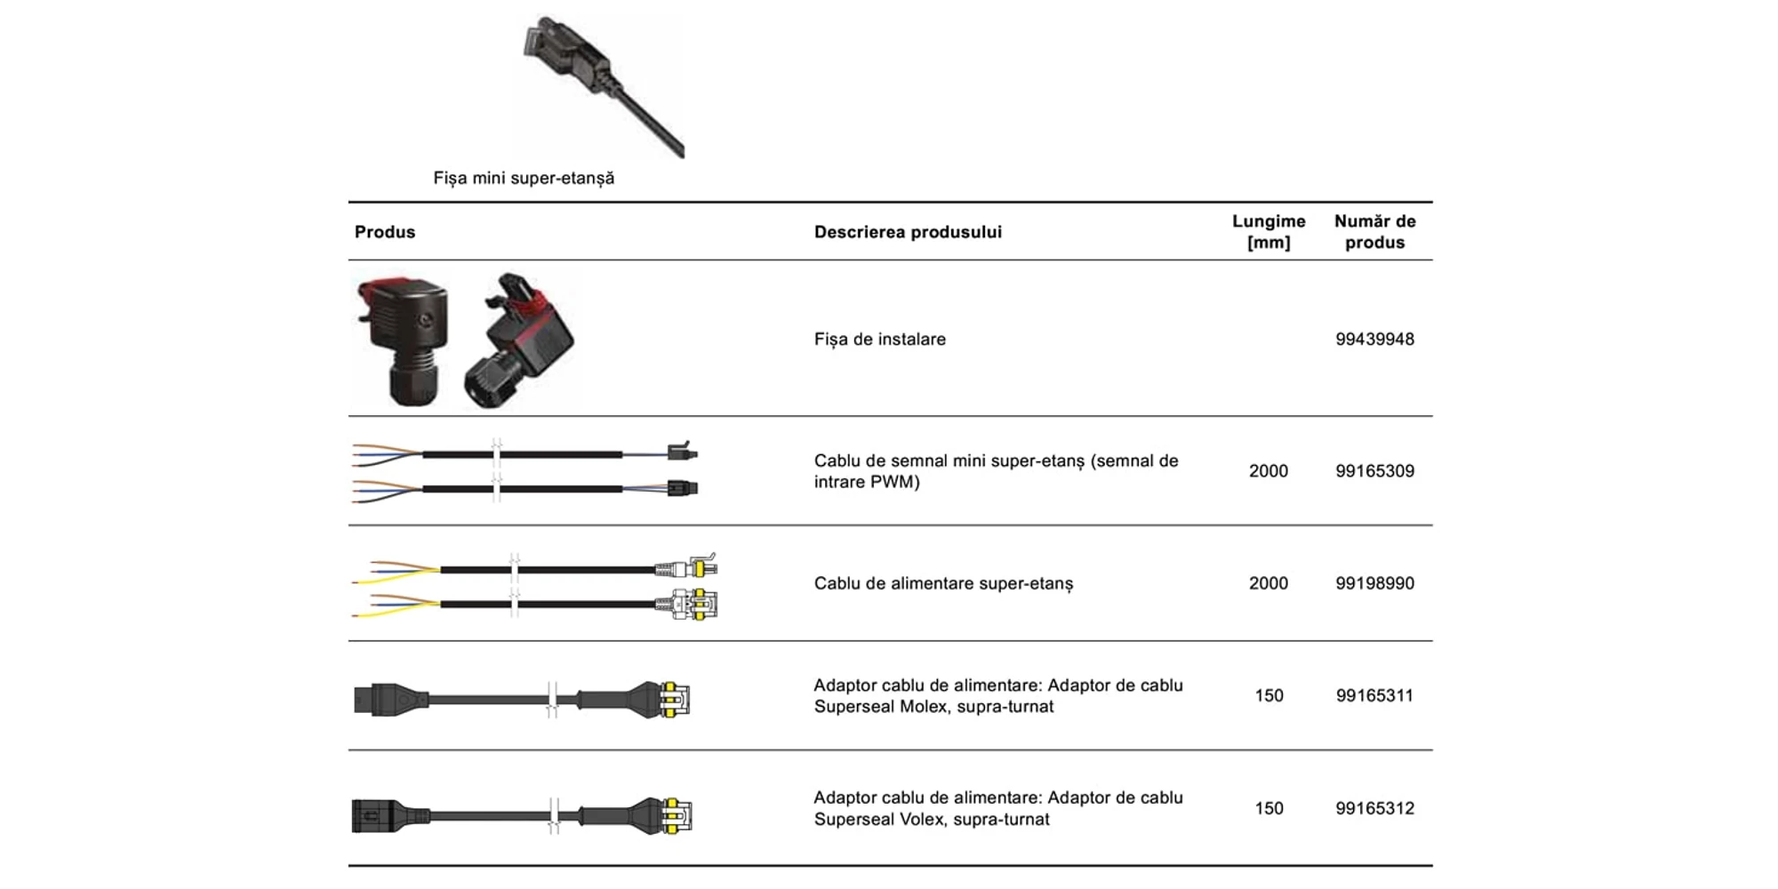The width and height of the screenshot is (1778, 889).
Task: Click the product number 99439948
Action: pyautogui.click(x=1374, y=339)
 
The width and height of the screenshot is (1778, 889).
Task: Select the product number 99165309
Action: pyautogui.click(x=1374, y=471)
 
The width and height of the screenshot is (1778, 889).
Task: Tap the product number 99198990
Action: pyautogui.click(x=1374, y=583)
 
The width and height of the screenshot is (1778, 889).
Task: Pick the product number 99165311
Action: pyautogui.click(x=1374, y=695)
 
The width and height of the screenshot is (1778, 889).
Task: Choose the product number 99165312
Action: pyautogui.click(x=1374, y=808)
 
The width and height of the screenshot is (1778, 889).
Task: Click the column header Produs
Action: pyautogui.click(x=385, y=232)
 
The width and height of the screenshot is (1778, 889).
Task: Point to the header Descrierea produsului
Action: pyautogui.click(x=908, y=232)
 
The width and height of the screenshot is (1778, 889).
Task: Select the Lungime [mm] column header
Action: pyautogui.click(x=1269, y=232)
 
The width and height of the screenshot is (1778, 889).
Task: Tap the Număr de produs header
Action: pyautogui.click(x=1374, y=232)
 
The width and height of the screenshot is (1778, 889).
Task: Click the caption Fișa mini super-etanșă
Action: pyautogui.click(x=524, y=178)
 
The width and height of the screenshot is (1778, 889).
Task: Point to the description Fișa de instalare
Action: pyautogui.click(x=880, y=339)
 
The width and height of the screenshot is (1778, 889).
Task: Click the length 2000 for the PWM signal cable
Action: pyautogui.click(x=1269, y=471)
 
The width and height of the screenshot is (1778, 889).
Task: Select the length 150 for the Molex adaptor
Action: pyautogui.click(x=1269, y=695)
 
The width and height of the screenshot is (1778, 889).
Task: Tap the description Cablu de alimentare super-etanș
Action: pyautogui.click(x=943, y=583)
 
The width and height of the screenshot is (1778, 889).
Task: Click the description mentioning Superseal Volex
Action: pyautogui.click(x=998, y=808)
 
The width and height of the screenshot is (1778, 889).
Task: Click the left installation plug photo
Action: pyautogui.click(x=402, y=339)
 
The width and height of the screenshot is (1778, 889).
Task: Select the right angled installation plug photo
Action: pyautogui.click(x=519, y=340)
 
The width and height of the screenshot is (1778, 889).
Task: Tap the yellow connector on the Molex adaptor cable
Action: pyautogui.click(x=674, y=699)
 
